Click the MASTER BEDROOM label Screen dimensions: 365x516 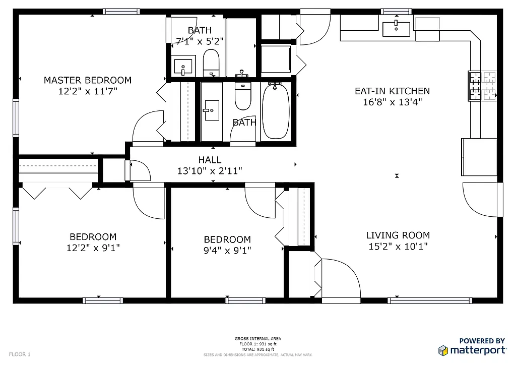88,80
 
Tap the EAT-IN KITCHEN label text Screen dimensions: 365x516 392,91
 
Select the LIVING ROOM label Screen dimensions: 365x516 398,235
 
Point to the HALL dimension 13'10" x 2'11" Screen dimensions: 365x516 210,171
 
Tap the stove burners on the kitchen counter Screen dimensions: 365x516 483,86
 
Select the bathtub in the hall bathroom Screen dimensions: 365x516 276,111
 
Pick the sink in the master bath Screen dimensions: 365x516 182,66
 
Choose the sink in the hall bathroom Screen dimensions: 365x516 211,110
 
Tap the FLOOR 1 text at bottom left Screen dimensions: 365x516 20,354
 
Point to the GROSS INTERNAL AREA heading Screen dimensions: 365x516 258,339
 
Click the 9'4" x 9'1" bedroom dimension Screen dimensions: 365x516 227,250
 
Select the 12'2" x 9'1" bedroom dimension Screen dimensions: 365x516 93,248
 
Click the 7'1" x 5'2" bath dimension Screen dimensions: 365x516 200,40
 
